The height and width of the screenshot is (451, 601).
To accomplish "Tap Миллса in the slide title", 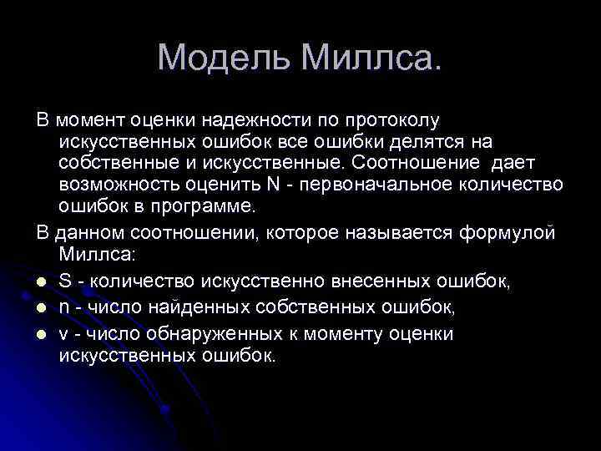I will [370, 58].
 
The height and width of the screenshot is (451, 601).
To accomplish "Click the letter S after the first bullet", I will [65, 281].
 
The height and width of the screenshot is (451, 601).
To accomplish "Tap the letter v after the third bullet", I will [64, 334].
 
